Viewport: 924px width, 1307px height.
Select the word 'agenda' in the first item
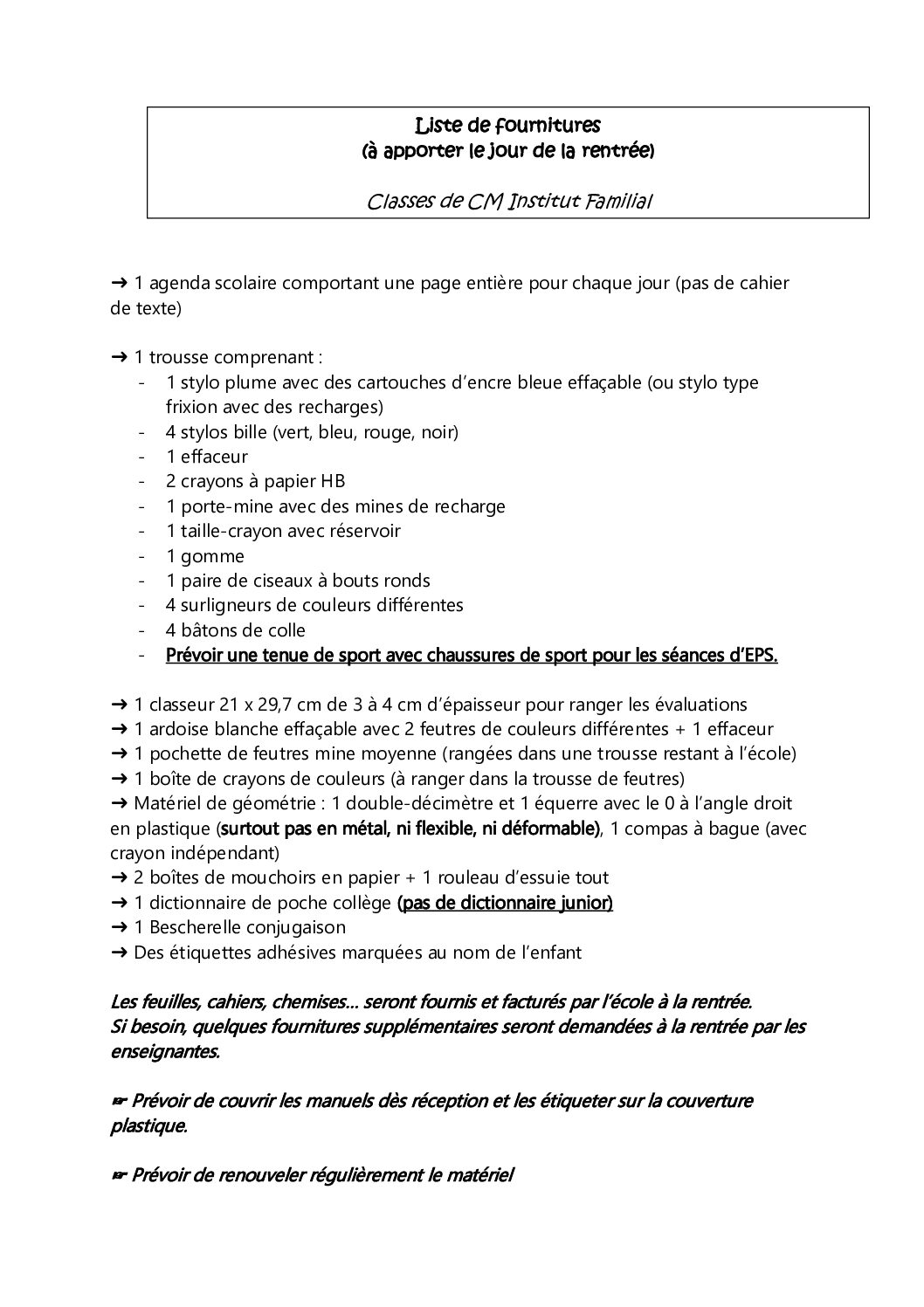click(175, 283)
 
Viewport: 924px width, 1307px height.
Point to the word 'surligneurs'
click(222, 605)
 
